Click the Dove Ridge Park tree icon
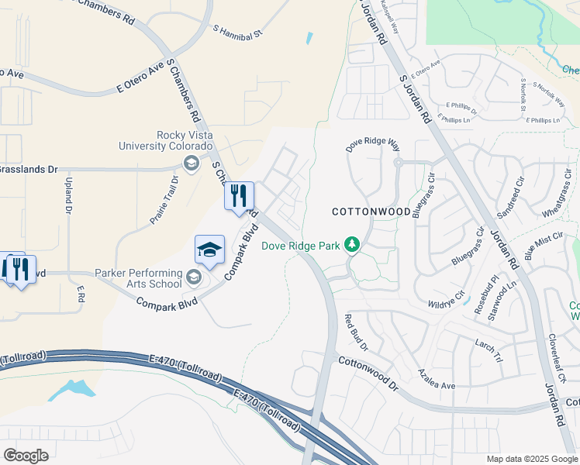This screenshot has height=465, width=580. [352, 245]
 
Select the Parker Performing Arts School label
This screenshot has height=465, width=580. [137, 278]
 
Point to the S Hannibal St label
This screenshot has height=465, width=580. [239, 31]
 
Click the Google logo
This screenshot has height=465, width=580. [26, 455]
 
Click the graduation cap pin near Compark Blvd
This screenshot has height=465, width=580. [209, 250]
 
